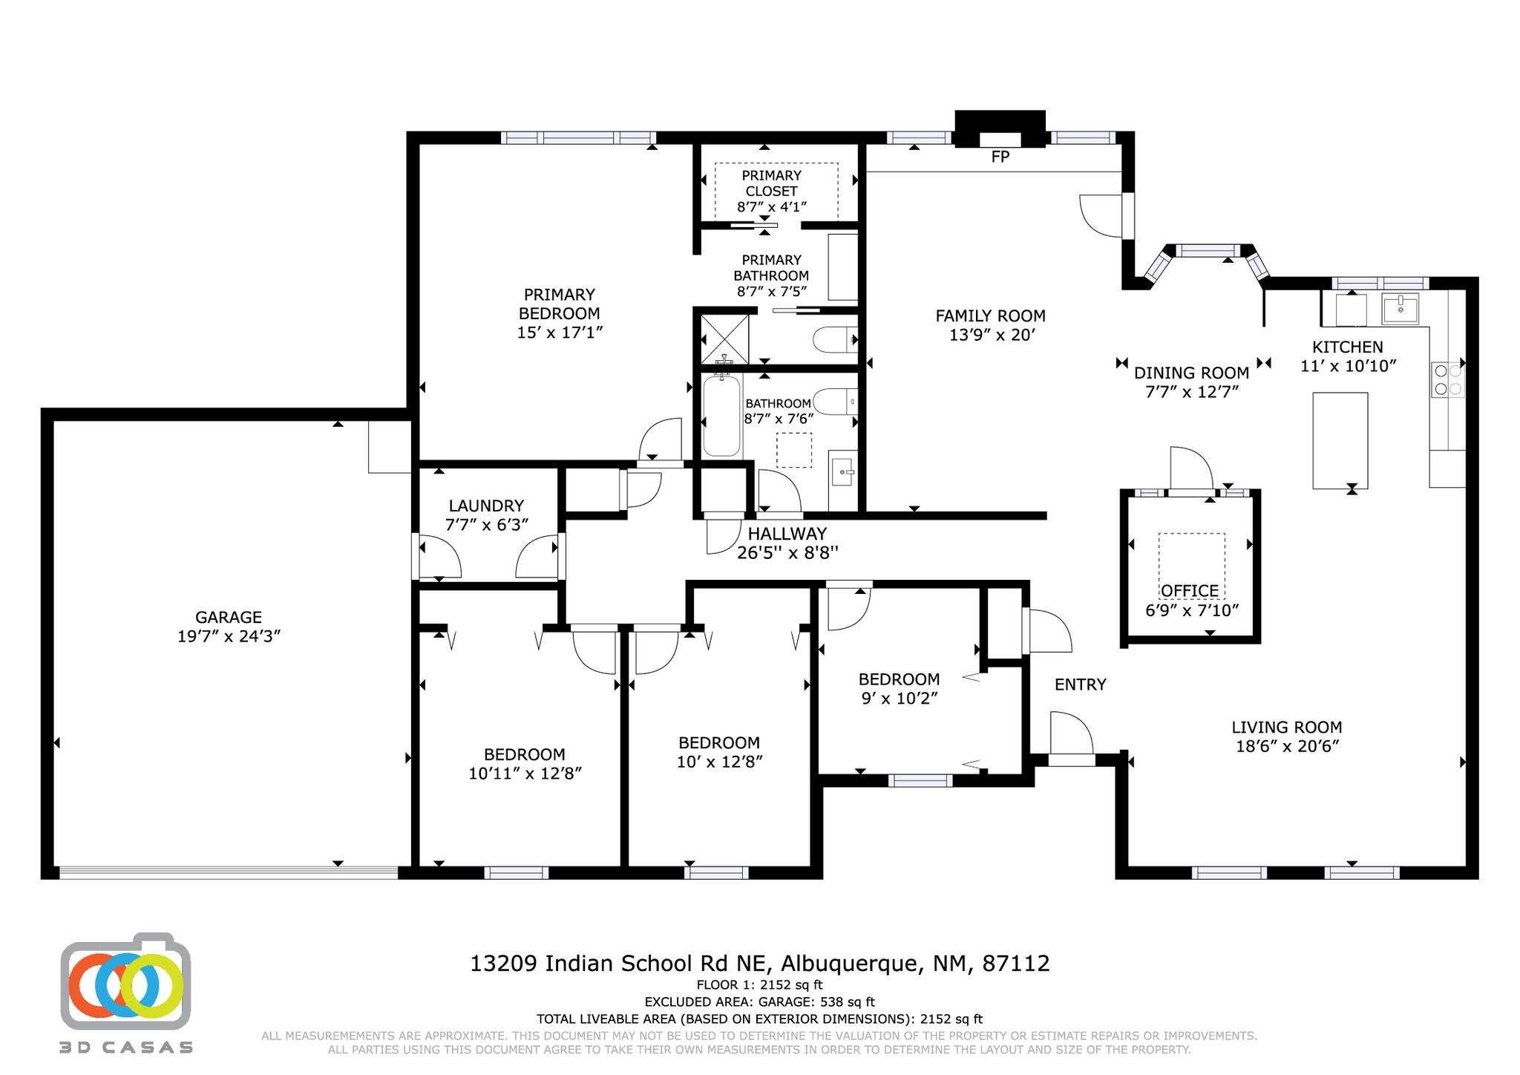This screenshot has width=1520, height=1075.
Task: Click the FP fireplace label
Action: coord(1000,157)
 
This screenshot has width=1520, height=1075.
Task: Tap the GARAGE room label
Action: coord(228,617)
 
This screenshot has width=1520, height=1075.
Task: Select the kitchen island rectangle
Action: coord(1340,440)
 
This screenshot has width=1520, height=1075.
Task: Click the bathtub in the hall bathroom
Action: coord(721,416)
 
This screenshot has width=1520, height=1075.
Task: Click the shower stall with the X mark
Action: coord(724,339)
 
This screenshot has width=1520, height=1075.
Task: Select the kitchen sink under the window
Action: coord(1400,308)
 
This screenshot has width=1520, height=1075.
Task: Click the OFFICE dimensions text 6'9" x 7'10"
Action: coord(1192,610)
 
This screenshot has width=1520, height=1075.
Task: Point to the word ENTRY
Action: coord(1080,684)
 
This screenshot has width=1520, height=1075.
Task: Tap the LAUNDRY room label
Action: coord(486,506)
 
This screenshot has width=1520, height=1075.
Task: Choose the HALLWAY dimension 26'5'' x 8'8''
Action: coord(787,552)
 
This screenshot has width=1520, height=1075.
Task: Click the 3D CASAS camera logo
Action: coord(125,981)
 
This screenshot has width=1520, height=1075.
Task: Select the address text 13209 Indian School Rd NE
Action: coord(622,964)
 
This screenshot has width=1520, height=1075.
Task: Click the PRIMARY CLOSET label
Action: coord(771,183)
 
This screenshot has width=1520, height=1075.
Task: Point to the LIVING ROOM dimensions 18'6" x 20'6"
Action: coord(1287,746)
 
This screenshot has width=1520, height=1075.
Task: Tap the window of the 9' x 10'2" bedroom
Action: coord(920,780)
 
